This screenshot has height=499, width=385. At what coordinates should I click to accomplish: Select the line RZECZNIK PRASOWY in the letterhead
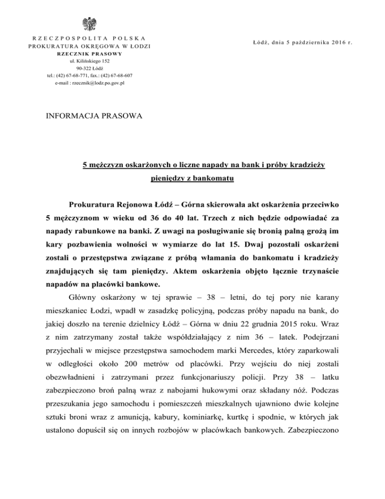click(x=90, y=54)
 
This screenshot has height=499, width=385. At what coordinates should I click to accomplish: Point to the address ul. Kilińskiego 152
click(x=90, y=61)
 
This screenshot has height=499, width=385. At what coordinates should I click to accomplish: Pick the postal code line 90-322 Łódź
click(x=90, y=68)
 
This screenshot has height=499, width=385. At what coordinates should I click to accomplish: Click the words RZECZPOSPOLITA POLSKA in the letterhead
click(x=90, y=39)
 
